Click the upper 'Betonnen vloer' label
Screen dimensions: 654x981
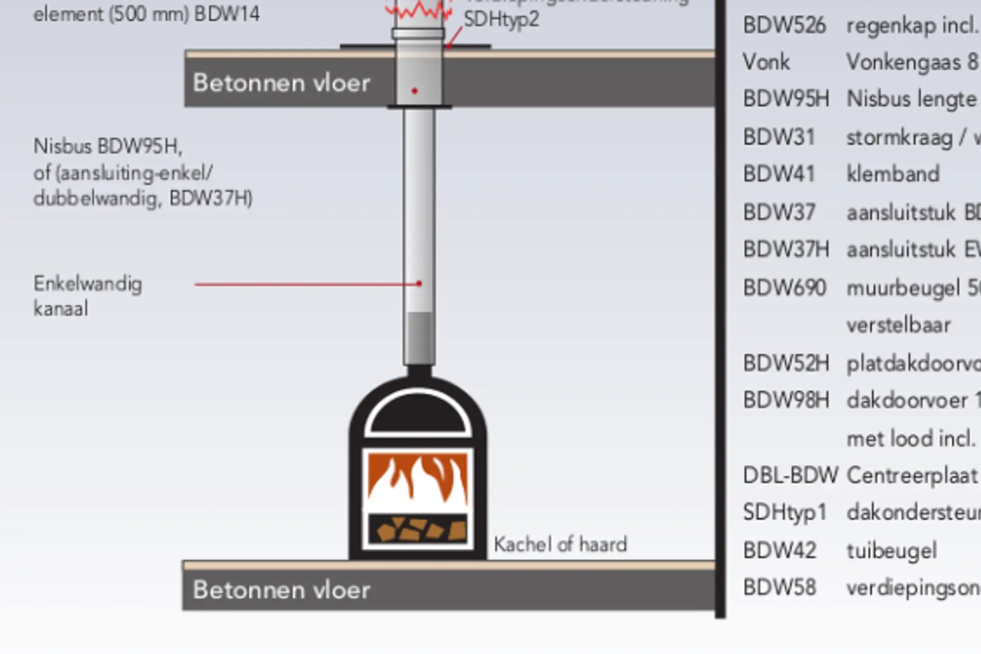pos(281,83)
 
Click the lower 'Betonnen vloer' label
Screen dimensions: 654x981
pos(281,590)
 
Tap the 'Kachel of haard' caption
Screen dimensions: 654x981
pos(560,544)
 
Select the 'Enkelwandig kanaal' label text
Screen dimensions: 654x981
pos(87,296)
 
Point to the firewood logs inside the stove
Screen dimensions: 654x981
pos(418,529)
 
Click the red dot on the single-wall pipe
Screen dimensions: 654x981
pos(419,284)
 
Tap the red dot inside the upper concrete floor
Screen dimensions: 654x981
pos(414,91)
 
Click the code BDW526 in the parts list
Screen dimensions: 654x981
pos(784,25)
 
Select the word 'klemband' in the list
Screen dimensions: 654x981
pos(893,174)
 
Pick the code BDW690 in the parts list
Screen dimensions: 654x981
pos(784,288)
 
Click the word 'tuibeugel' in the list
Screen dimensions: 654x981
pos(892,550)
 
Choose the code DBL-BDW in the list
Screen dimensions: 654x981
pos(790,475)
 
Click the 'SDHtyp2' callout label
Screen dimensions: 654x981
pos(501,19)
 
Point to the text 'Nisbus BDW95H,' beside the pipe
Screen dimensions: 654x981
pos(108,147)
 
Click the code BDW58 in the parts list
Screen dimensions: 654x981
pos(779,588)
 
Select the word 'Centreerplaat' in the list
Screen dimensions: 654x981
pos(912,475)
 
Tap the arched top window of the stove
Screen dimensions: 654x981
pos(418,413)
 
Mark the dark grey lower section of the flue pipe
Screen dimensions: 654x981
pos(419,337)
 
